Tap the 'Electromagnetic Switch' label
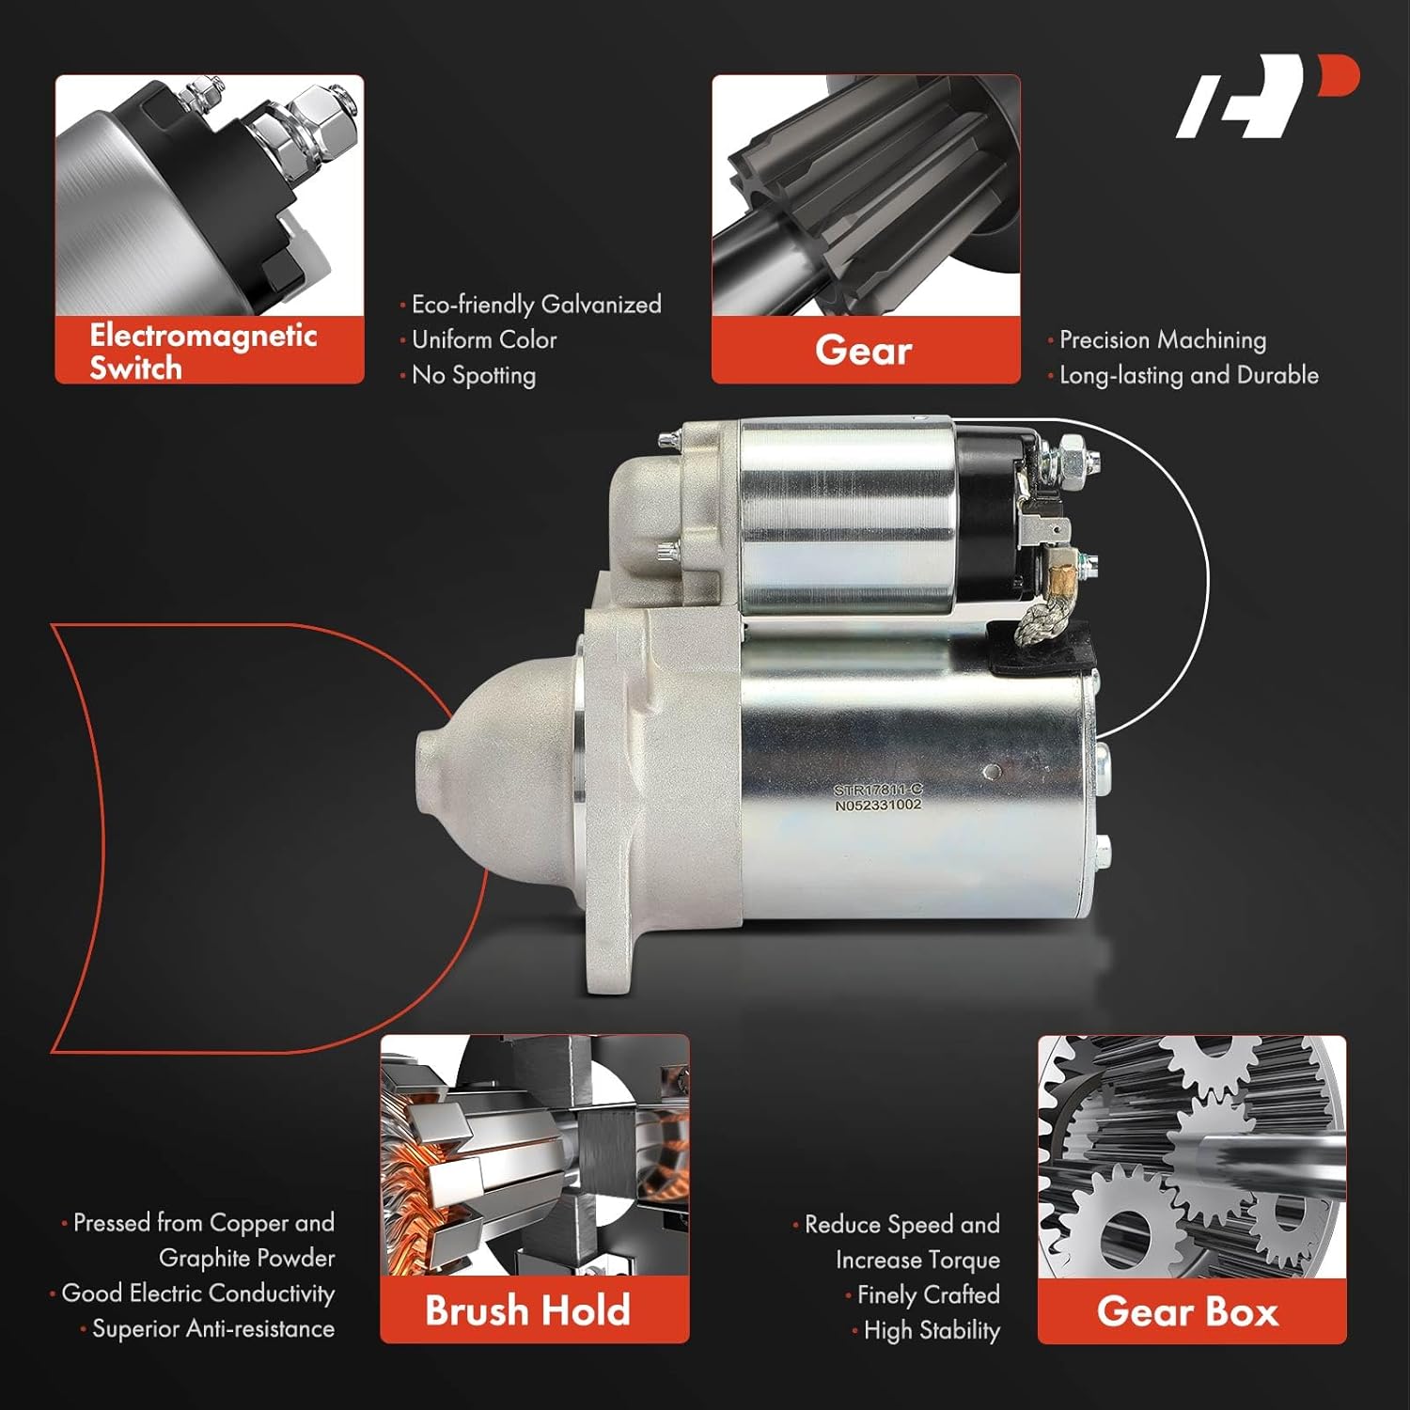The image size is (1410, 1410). pyautogui.click(x=203, y=351)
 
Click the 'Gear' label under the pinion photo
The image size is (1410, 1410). pyautogui.click(x=864, y=351)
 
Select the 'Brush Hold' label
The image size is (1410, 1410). pyautogui.click(x=527, y=1310)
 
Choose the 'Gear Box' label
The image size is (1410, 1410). pyautogui.click(x=1188, y=1311)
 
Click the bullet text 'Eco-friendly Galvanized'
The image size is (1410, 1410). pyautogui.click(x=536, y=305)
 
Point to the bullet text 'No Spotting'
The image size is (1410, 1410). pyautogui.click(x=473, y=375)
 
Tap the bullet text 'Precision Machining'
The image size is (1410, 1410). pyautogui.click(x=1162, y=339)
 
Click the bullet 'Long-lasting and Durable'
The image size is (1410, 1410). pyautogui.click(x=1188, y=375)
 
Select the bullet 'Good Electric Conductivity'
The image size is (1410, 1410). pyautogui.click(x=197, y=1293)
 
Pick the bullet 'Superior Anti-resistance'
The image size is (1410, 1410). pyautogui.click(x=212, y=1329)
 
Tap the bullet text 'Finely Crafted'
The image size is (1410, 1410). pyautogui.click(x=928, y=1295)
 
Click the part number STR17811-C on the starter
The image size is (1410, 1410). pyautogui.click(x=878, y=791)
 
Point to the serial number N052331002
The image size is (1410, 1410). pyautogui.click(x=878, y=806)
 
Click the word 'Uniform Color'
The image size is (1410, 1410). pyautogui.click(x=484, y=339)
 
